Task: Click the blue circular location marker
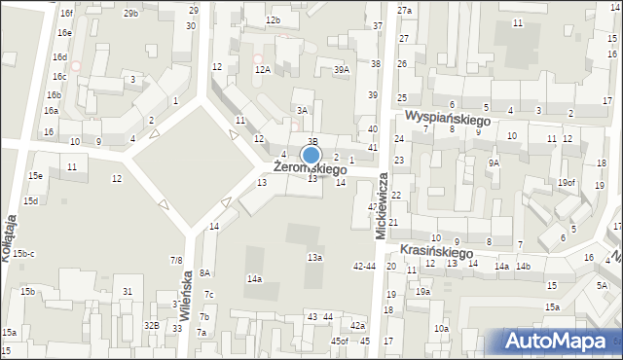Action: tap(311, 155)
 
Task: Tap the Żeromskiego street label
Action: tap(310, 168)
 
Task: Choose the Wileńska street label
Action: tap(185, 291)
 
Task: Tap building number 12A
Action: tap(262, 70)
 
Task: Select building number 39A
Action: tap(341, 70)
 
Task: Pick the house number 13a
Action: tap(314, 257)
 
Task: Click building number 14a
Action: tap(254, 279)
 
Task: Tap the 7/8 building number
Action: tap(176, 260)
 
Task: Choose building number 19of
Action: tap(567, 183)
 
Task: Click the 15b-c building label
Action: tap(24, 254)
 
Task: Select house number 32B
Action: tap(151, 325)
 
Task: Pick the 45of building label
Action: tap(339, 341)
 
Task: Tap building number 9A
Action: tap(494, 163)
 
